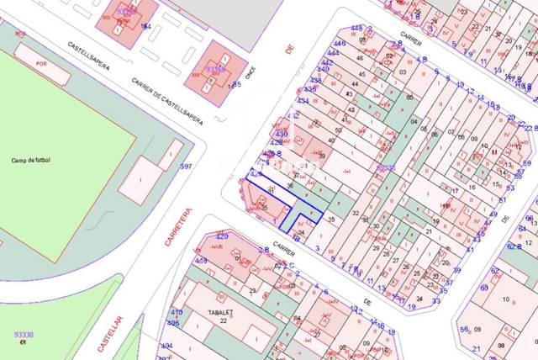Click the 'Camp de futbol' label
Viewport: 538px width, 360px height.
click(31, 160)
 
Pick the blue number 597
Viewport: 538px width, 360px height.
click(186, 167)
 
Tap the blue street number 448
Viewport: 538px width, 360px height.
click(356, 28)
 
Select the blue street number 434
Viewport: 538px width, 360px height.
click(303, 101)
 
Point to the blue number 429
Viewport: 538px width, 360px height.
click(223, 236)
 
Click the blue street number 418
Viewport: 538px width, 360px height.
click(202, 261)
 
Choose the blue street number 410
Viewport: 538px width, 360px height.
click(177, 312)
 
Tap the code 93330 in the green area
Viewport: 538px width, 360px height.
click(24, 334)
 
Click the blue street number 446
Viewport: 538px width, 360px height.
click(340, 43)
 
